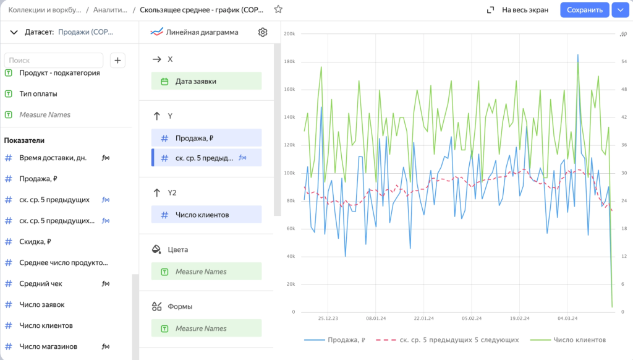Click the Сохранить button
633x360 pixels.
(x=584, y=10)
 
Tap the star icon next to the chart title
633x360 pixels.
(x=278, y=10)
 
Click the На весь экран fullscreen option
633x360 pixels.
(x=518, y=10)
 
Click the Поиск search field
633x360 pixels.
(x=54, y=60)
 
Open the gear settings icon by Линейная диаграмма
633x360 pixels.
(x=263, y=32)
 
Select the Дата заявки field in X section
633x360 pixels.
(x=206, y=81)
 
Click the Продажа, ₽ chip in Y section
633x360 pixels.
(x=206, y=138)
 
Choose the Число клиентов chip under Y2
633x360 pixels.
(x=206, y=215)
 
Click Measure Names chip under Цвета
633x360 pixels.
(x=206, y=272)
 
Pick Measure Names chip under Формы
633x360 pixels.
(x=206, y=328)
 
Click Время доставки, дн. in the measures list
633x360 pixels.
(x=53, y=158)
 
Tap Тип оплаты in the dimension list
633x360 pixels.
(x=38, y=93)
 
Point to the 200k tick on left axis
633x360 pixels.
(x=289, y=34)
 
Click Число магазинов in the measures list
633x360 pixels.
(x=48, y=346)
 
